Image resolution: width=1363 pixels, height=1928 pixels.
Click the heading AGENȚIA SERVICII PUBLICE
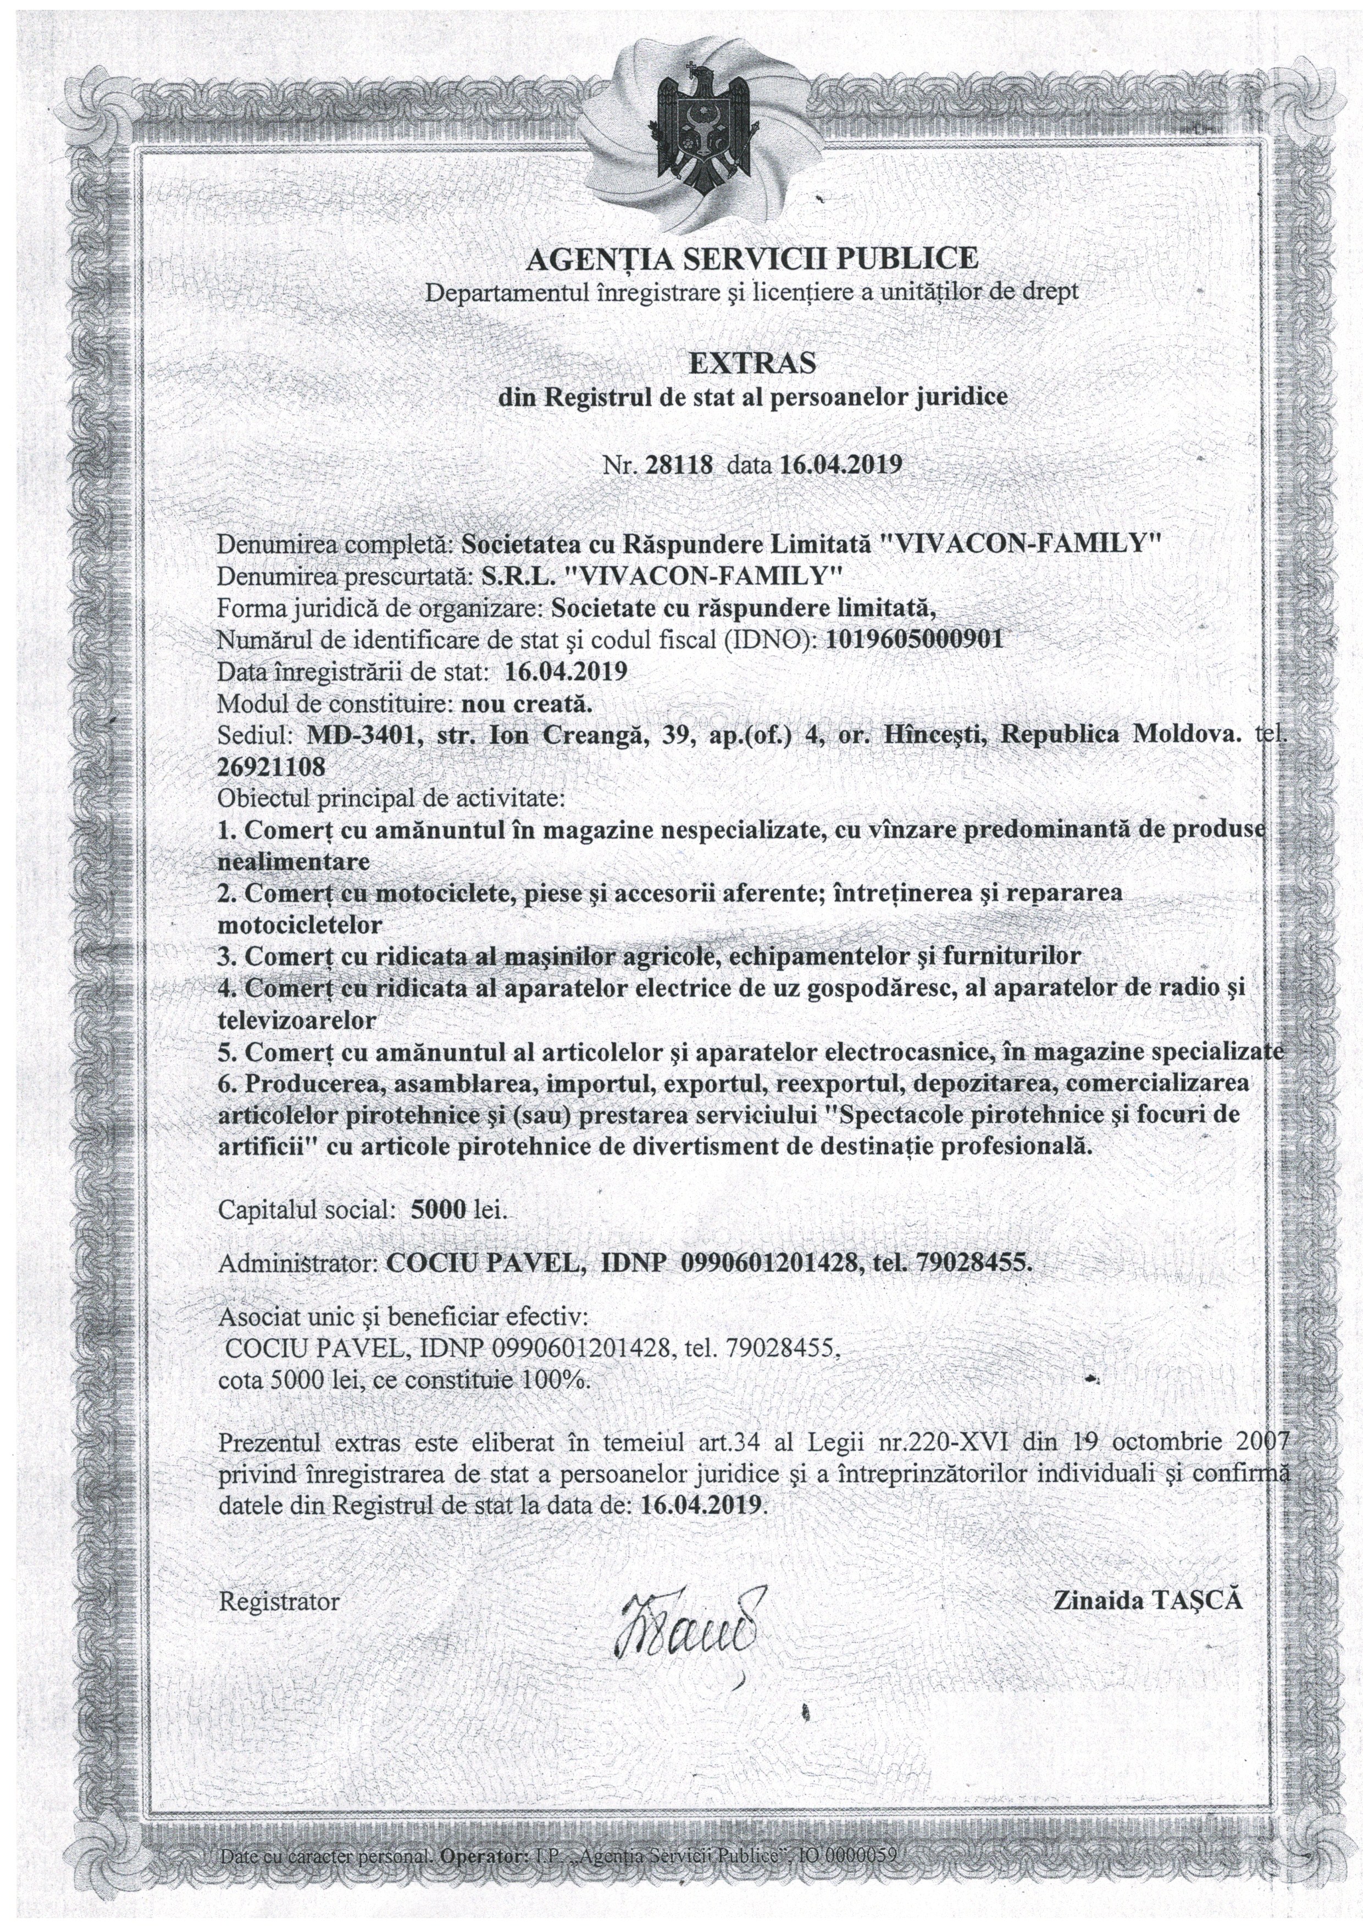pyautogui.click(x=752, y=258)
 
